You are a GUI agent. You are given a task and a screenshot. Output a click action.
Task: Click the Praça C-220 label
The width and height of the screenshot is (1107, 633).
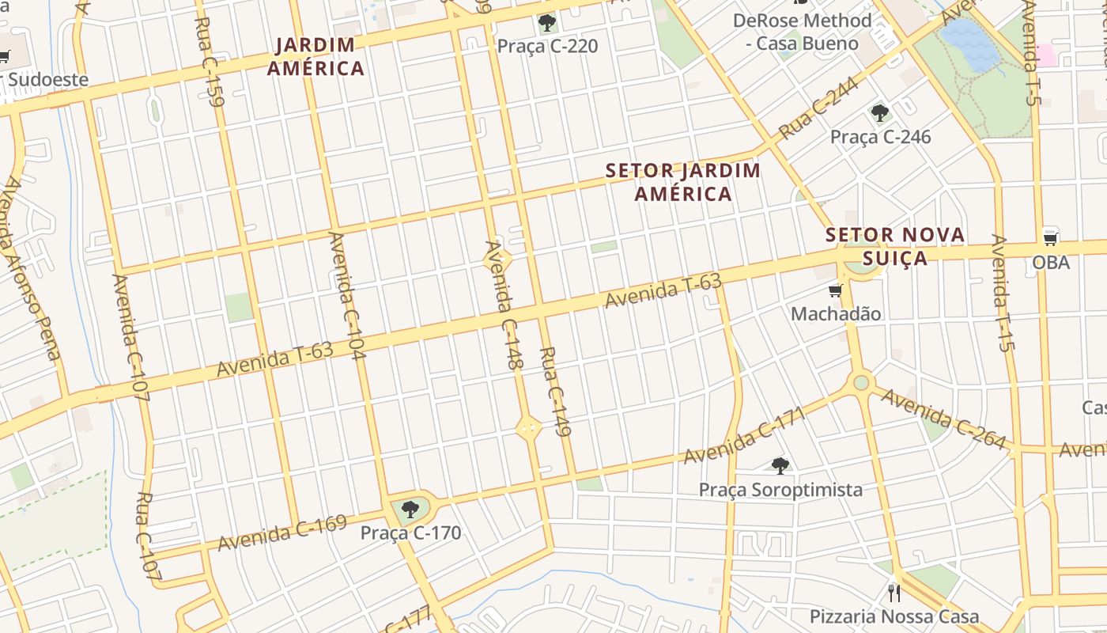coord(547,47)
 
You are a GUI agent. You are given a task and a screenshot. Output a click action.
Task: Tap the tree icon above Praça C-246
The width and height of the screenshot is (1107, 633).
coord(879,113)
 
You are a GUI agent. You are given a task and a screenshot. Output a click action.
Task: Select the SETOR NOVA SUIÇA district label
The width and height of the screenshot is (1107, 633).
coord(895,246)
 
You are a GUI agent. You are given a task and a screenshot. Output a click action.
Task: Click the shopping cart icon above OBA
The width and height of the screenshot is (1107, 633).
coord(1050,237)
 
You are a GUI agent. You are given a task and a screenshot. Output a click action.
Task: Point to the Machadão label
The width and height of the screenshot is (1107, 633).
coord(836,313)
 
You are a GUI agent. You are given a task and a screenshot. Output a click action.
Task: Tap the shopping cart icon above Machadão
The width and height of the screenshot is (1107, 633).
coord(835,291)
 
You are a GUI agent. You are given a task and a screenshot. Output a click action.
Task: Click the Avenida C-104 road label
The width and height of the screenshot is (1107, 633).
coord(347,296)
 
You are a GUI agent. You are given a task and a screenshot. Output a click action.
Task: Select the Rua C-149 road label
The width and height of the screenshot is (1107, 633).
coord(556,392)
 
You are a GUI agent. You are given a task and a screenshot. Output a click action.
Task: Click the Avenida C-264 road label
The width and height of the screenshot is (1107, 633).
coord(943,419)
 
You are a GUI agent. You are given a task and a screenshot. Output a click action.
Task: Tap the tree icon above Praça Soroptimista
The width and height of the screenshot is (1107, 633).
coord(780,465)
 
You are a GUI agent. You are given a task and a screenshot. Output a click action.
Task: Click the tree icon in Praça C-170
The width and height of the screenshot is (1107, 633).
coord(410,509)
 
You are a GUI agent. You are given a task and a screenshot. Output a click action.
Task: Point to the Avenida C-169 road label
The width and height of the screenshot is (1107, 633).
coord(282,533)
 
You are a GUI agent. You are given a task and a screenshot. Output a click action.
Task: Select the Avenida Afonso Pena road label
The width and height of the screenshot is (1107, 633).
coord(31,268)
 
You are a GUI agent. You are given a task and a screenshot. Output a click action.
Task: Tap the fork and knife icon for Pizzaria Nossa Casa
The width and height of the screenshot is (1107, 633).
coord(894,593)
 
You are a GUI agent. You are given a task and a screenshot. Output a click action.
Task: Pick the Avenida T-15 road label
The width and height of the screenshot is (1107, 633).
coord(1003,293)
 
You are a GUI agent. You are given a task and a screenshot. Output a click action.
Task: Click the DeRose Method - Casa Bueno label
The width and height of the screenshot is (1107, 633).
coord(802,32)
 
